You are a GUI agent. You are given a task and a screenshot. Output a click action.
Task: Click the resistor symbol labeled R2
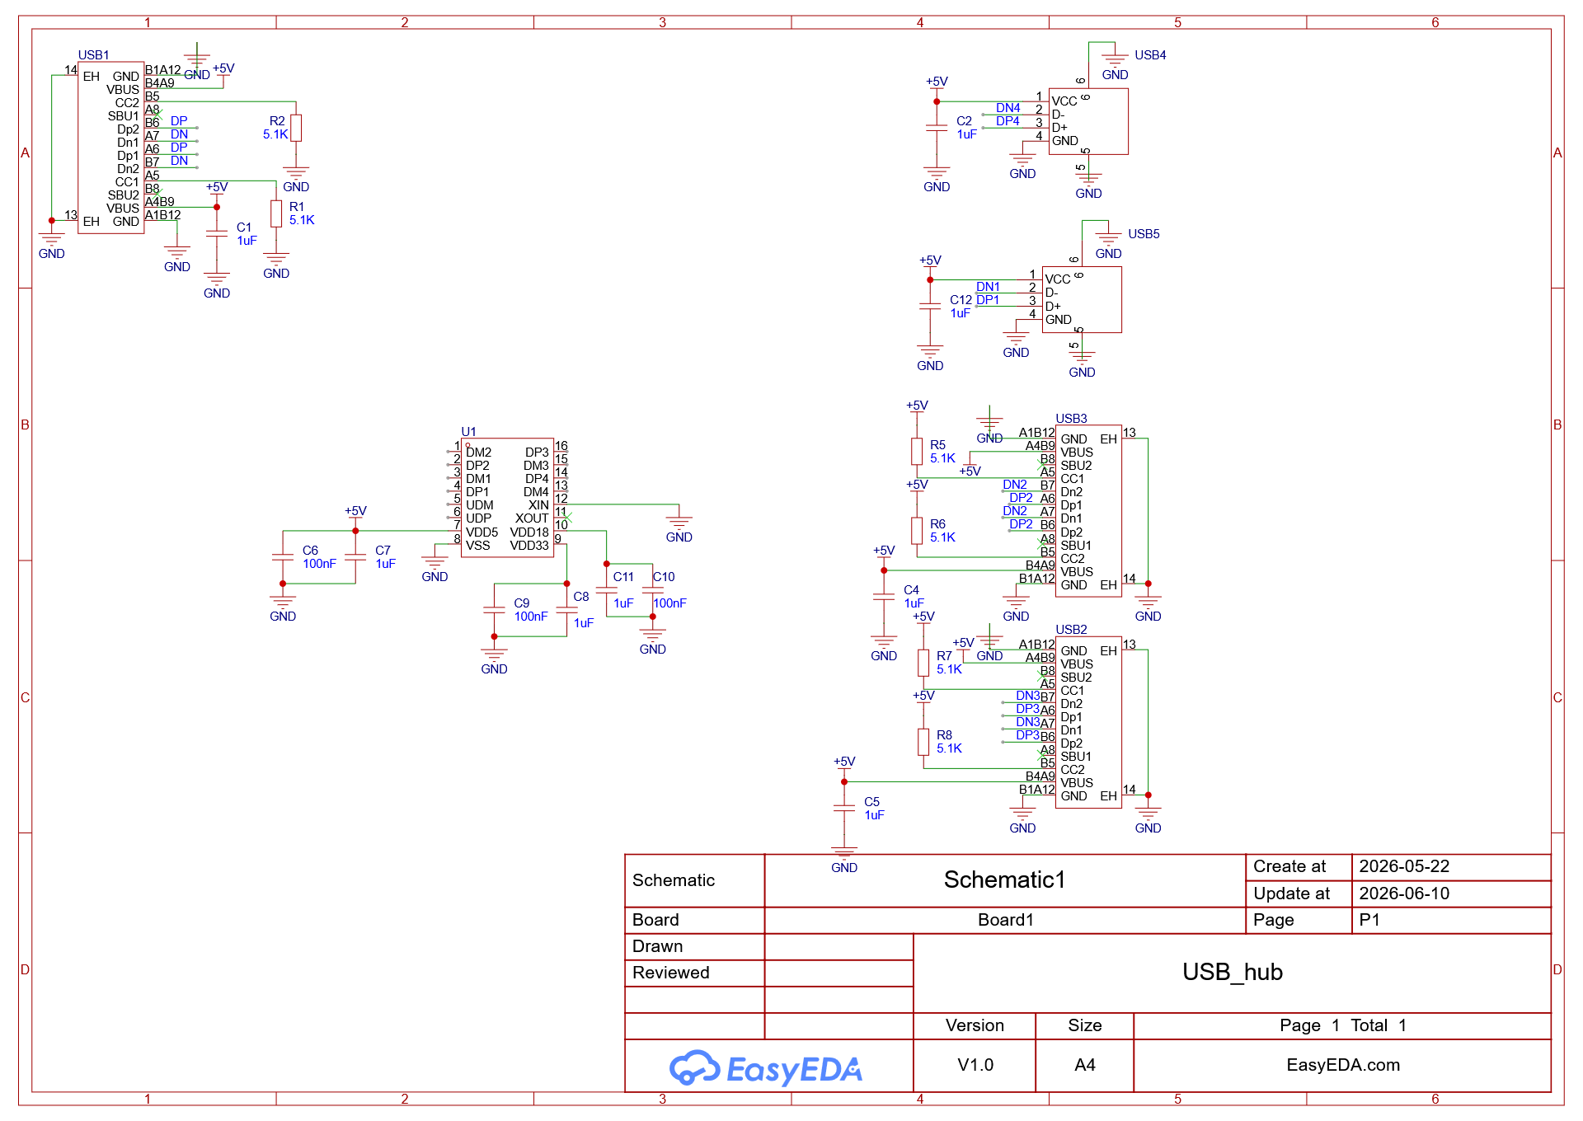pyautogui.click(x=296, y=128)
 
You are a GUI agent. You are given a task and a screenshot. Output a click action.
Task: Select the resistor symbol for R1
pyautogui.click(x=276, y=213)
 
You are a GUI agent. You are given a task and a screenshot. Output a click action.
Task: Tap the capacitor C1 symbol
pyautogui.click(x=217, y=233)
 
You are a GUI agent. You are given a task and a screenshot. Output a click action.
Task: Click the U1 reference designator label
pyautogui.click(x=468, y=432)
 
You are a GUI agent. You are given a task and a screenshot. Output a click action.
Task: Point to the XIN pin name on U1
pyautogui.click(x=538, y=505)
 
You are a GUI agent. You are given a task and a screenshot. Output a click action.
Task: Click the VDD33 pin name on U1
pyautogui.click(x=529, y=545)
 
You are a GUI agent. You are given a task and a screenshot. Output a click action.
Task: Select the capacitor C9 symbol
pyautogui.click(x=494, y=610)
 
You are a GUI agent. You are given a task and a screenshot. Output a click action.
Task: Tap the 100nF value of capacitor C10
pyautogui.click(x=669, y=603)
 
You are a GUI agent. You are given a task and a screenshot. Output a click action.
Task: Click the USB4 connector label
pyautogui.click(x=1150, y=55)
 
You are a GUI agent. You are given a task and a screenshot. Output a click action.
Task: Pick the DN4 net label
pyautogui.click(x=1008, y=108)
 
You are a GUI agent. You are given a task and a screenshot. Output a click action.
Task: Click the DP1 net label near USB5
pyautogui.click(x=988, y=300)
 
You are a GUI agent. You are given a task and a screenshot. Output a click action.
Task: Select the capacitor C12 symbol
pyautogui.click(x=930, y=307)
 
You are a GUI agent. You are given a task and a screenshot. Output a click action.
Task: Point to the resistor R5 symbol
pyautogui.click(x=917, y=452)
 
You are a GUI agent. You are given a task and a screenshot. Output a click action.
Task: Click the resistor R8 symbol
pyautogui.click(x=923, y=742)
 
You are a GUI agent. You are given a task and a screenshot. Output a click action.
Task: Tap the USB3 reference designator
pyautogui.click(x=1071, y=419)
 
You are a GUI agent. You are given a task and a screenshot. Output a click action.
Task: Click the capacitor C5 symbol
pyautogui.click(x=844, y=809)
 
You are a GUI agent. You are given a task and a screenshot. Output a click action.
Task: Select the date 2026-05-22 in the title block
pyautogui.click(x=1404, y=866)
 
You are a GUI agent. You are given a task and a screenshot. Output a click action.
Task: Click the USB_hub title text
pyautogui.click(x=1233, y=972)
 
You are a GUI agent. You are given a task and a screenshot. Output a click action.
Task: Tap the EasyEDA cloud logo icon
pyautogui.click(x=695, y=1068)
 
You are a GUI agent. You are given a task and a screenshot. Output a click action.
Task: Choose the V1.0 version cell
pyautogui.click(x=975, y=1065)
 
